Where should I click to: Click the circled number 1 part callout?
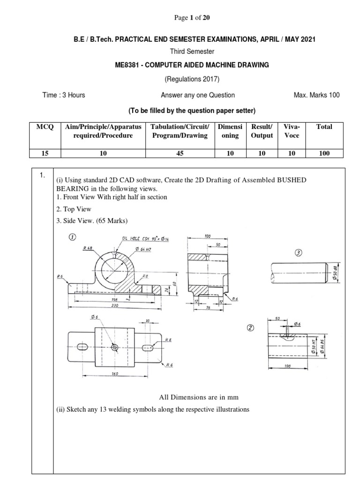(x=72, y=237)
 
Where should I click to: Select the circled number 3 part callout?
(x=299, y=253)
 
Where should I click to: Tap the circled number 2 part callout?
(x=251, y=328)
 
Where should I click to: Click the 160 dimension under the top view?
(x=102, y=374)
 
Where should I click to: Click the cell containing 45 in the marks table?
(x=180, y=153)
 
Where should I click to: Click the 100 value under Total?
(x=324, y=153)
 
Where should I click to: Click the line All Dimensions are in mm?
(x=199, y=397)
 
